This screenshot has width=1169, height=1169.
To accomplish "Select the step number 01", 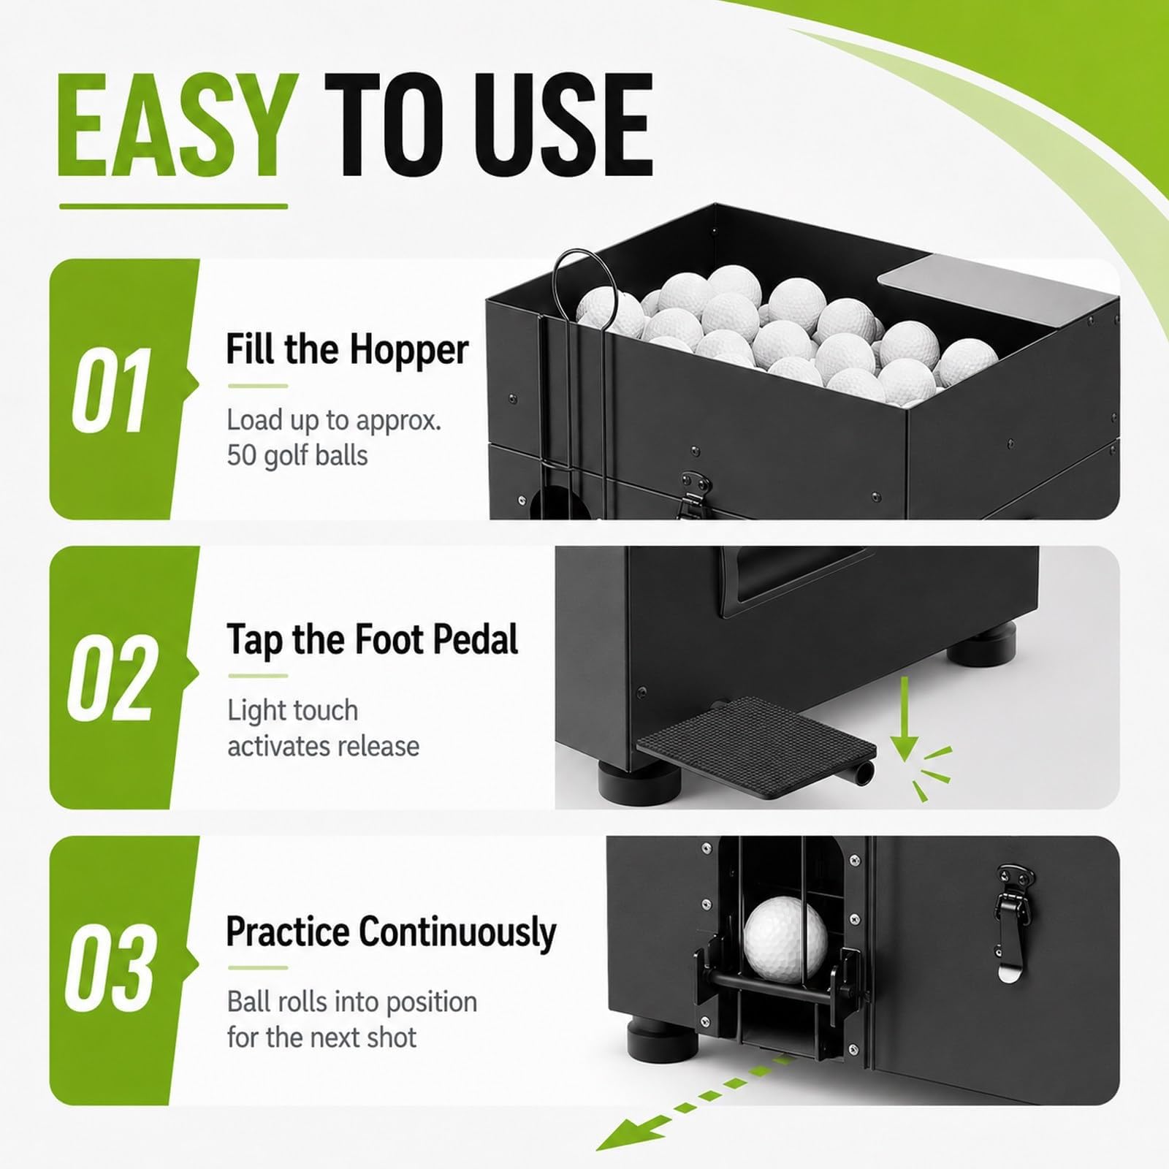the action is coord(111,389).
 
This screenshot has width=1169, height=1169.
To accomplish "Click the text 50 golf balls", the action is coord(297,456).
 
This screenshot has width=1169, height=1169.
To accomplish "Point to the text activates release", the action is coord(324,746).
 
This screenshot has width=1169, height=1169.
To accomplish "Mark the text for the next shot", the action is coord(322,1037).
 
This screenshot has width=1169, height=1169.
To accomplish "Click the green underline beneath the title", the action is coord(174,206).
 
